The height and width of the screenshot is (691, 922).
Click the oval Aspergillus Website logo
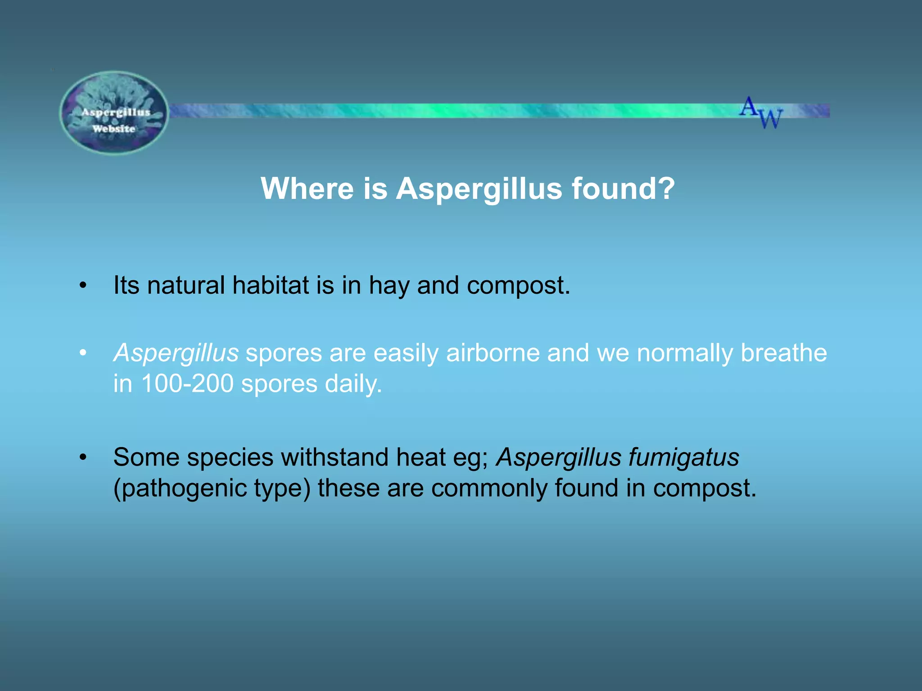coord(114,113)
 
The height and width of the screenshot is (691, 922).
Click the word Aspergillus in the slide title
coord(479,189)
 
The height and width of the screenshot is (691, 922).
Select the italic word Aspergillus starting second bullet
coord(176,353)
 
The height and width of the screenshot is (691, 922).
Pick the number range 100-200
coord(187,384)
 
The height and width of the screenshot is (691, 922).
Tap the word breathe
coord(783,353)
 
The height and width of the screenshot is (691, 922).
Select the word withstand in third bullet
coord(335,457)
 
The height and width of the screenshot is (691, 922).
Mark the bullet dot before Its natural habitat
coord(82,286)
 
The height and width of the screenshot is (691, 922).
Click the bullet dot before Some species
coord(82,458)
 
